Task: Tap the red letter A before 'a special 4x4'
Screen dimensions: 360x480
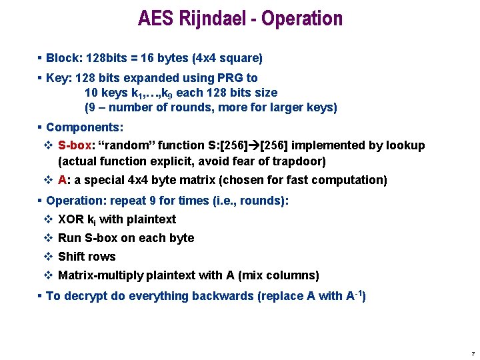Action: click(x=62, y=180)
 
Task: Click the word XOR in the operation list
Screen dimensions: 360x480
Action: click(x=71, y=219)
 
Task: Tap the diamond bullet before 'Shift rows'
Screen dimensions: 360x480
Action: click(x=48, y=257)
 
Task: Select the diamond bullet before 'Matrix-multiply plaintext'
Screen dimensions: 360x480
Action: click(x=48, y=275)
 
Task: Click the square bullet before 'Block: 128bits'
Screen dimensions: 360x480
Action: click(x=41, y=58)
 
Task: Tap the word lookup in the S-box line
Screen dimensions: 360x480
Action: click(x=407, y=145)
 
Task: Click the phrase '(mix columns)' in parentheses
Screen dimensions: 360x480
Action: click(x=279, y=275)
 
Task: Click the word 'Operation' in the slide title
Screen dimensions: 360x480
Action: click(x=302, y=18)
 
